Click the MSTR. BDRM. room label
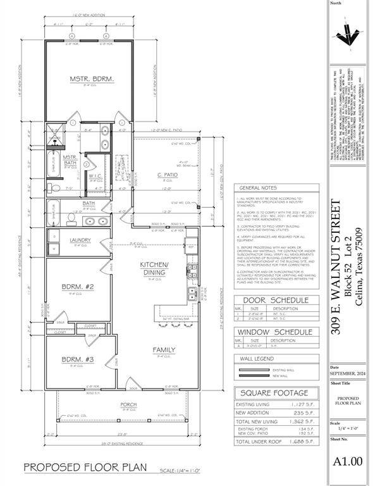[91, 79]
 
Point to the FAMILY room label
[164, 349]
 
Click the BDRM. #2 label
[77, 287]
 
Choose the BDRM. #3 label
[77, 360]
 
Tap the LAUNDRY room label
[80, 240]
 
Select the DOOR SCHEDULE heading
[277, 301]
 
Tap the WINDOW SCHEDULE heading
[277, 332]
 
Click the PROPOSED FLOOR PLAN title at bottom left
[85, 468]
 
